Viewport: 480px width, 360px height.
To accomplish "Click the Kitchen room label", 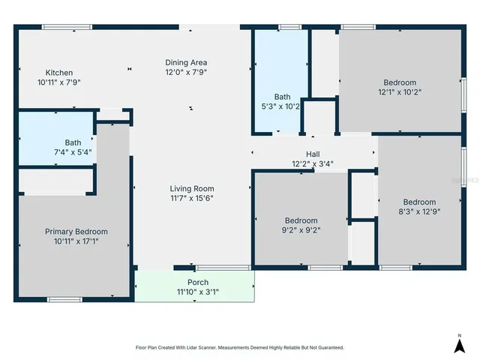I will [x=58, y=73].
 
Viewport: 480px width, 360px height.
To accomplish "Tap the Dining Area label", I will [x=186, y=62].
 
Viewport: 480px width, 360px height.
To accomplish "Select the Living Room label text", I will [x=193, y=189].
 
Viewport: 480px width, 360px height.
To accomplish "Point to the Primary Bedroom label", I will [x=76, y=232].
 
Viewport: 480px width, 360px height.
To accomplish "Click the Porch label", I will [x=198, y=283].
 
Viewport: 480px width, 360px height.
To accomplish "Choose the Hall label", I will [x=313, y=154].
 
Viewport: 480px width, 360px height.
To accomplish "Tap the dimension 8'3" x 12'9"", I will [x=419, y=211].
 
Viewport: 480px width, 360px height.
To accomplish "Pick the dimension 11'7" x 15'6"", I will [x=193, y=198].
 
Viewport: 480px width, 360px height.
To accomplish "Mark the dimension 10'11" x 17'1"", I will [x=76, y=241].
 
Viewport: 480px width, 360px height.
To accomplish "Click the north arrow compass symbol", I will [x=459, y=343].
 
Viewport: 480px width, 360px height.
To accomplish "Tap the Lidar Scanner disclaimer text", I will [x=239, y=348].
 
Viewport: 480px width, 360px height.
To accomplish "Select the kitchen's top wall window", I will [x=67, y=28].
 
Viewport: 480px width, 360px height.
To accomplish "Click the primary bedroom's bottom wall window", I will [x=64, y=300].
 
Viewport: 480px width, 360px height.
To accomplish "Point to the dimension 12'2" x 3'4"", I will [x=313, y=163].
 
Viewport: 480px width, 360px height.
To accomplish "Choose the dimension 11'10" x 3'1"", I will [x=198, y=292].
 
